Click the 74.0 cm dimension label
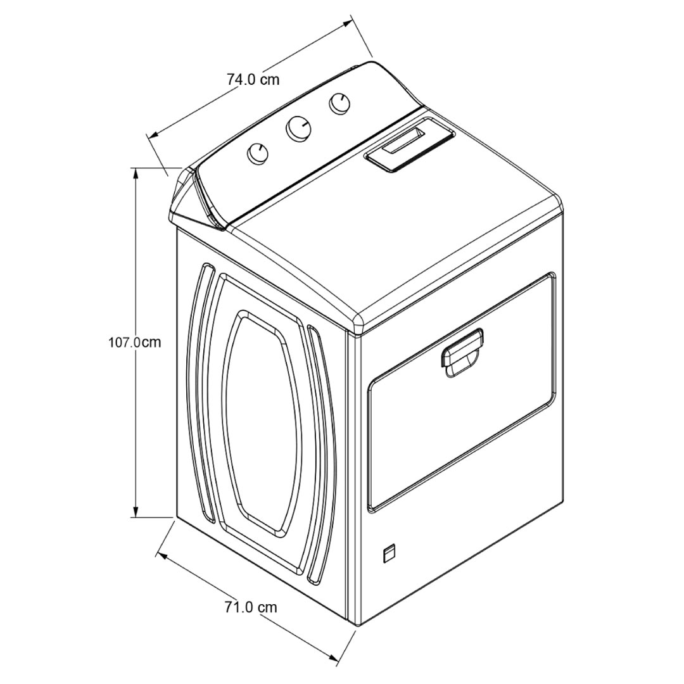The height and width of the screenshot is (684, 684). pos(253,79)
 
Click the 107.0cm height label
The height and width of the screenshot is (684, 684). pos(135,342)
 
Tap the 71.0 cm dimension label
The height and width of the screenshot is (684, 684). pos(251,607)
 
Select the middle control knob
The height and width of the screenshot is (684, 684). pos(299,128)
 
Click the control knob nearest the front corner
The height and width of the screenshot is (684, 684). pos(257,153)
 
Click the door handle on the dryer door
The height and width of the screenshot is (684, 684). pos(462,352)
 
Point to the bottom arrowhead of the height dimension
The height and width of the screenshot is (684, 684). pos(137,512)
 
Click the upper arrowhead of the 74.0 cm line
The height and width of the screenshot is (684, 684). pos(346,23)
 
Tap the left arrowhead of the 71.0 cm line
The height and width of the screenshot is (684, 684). pos(162,556)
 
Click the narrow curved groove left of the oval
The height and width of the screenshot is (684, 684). pos(200,391)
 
